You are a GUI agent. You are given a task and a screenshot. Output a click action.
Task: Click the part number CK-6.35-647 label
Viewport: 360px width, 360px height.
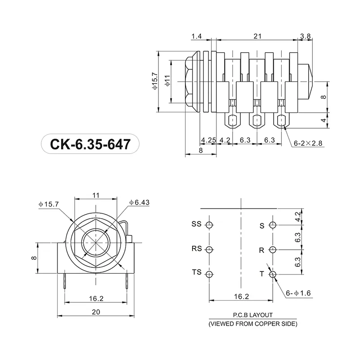pos(90,145)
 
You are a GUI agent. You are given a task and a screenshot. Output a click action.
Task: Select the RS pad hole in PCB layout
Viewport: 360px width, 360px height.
pos(209,250)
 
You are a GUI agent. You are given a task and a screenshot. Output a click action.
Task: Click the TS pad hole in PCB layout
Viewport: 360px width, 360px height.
pos(209,274)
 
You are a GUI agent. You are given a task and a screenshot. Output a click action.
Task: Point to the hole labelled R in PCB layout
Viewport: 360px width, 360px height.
pos(272,250)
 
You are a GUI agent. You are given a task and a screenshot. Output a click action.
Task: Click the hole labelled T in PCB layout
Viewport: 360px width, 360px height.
pos(272,274)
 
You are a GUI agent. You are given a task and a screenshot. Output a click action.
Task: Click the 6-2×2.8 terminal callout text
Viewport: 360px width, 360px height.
pos(308,143)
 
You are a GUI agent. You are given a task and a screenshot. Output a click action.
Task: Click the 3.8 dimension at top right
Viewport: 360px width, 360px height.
pos(305,36)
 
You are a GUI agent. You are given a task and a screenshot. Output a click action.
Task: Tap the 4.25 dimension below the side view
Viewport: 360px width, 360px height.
pos(209,140)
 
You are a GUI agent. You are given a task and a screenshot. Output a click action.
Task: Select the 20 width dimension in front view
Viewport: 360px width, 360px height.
pos(96,312)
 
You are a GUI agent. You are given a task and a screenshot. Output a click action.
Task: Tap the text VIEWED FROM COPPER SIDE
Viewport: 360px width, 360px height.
pos(252,324)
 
